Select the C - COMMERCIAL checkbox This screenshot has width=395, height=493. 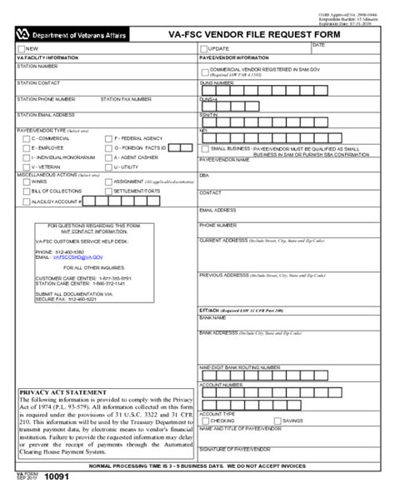(26, 138)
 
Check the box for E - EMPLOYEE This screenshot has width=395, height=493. (26, 147)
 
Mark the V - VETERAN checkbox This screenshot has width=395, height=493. (26, 167)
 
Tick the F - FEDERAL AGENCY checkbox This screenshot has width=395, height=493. (108, 138)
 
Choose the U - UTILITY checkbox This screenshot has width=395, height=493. (108, 167)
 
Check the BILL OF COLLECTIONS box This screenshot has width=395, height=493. (26, 191)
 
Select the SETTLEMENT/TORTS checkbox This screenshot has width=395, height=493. (108, 191)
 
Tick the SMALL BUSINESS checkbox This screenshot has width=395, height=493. (204, 148)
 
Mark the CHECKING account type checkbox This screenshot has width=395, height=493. (204, 421)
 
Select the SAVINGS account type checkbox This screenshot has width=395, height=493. (277, 421)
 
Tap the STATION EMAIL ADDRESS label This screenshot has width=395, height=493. (46, 115)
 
